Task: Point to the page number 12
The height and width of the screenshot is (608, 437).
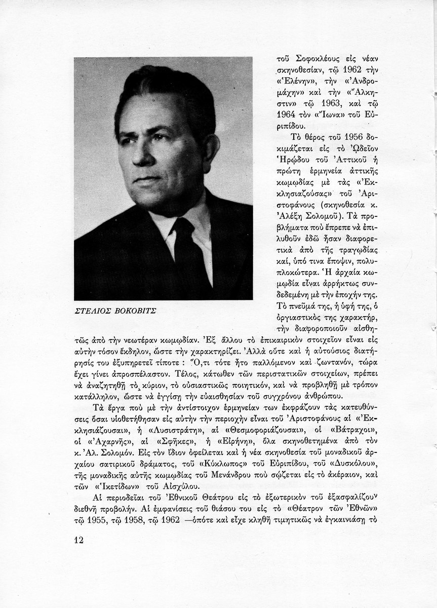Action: (78, 539)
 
